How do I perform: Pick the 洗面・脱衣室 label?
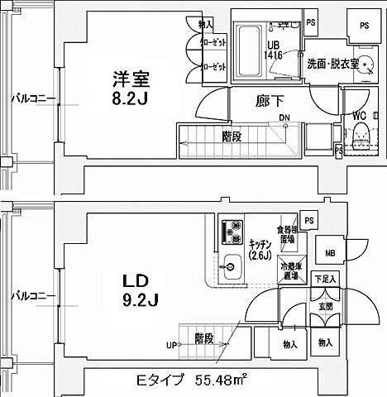[x=332, y=64]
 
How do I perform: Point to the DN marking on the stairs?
[x=284, y=117]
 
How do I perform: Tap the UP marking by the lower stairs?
[x=172, y=344]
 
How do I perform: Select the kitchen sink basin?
[x=231, y=265]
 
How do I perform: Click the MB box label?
[x=328, y=253]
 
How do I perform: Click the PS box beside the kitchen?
[x=308, y=220]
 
